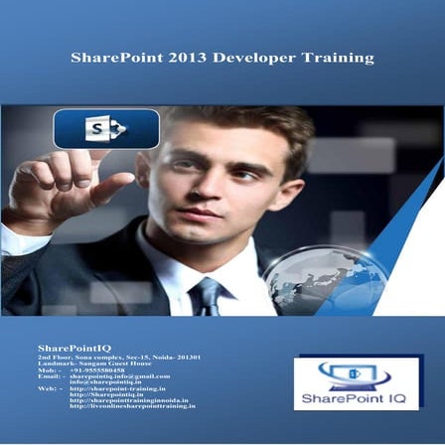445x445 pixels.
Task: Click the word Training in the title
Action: (x=339, y=58)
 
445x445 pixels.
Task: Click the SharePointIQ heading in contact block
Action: (x=68, y=348)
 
